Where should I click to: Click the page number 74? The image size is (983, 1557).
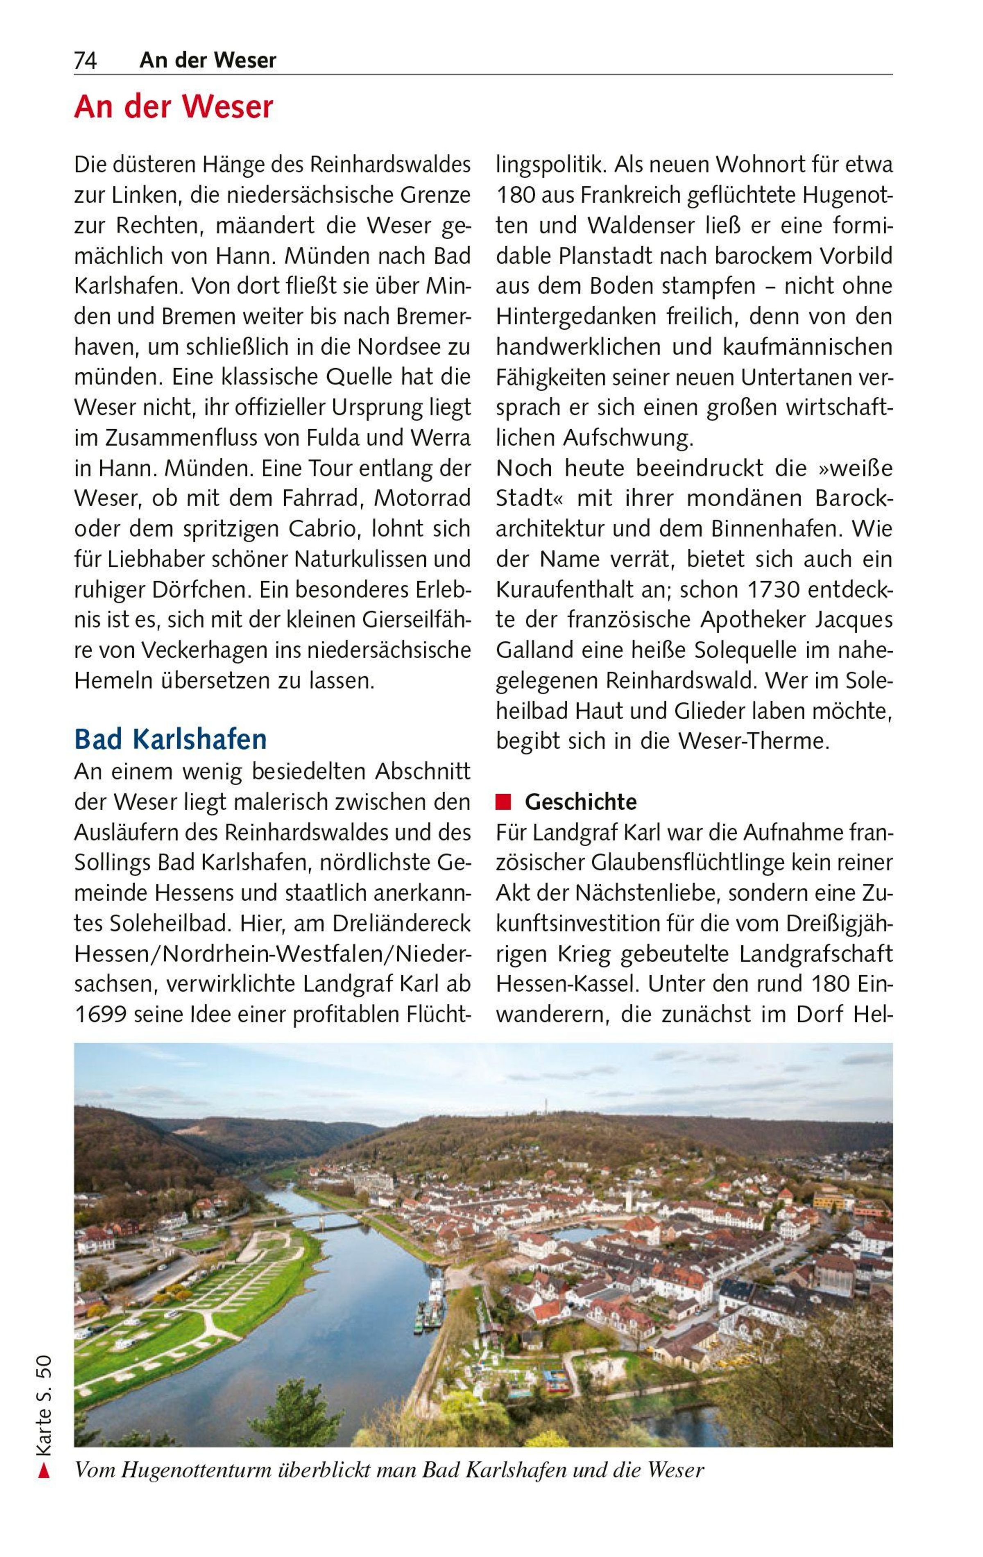click(x=85, y=61)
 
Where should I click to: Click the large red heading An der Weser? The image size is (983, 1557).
click(x=173, y=107)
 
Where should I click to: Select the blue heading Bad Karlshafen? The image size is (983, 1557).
click(x=170, y=739)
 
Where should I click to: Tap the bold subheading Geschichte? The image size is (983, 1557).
click(x=580, y=802)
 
